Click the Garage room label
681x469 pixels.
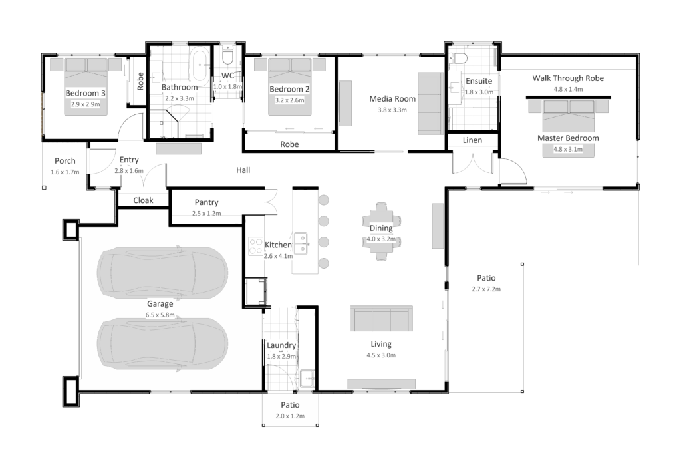[x=160, y=304]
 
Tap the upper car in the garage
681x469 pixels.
[x=162, y=273]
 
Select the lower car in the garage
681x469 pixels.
[x=162, y=344]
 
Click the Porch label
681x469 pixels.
[x=65, y=161]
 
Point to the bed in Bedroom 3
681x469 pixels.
[x=85, y=86]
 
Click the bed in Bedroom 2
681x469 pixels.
[x=290, y=86]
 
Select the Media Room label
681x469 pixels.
[x=392, y=99]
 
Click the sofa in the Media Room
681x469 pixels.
[x=429, y=103]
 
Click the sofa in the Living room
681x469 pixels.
[x=382, y=319]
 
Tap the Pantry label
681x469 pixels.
[x=207, y=202]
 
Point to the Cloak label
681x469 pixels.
[x=144, y=200]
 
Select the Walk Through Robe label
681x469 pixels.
[x=567, y=78]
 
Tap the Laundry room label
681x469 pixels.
[x=281, y=347]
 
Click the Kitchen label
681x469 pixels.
[x=278, y=245]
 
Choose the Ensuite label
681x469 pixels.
[x=479, y=81]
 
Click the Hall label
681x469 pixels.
[x=243, y=170]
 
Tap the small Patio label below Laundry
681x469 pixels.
[x=290, y=405]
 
